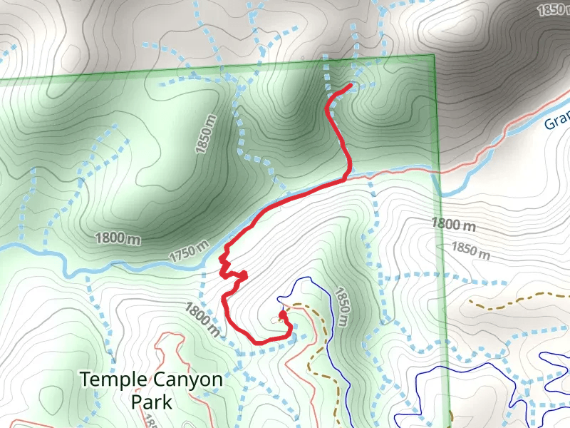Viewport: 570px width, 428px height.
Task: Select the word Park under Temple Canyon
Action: pyautogui.click(x=151, y=402)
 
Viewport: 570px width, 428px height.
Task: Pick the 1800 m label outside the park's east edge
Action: pyautogui.click(x=453, y=224)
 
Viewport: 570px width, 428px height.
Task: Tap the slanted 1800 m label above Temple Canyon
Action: pyautogui.click(x=202, y=318)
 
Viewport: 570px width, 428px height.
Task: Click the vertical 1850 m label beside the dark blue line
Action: pyautogui.click(x=341, y=307)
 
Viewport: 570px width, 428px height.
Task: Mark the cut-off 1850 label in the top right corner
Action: pyautogui.click(x=553, y=9)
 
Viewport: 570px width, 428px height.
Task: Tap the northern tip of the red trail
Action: pyautogui.click(x=351, y=86)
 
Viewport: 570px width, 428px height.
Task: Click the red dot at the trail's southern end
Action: pyautogui.click(x=282, y=314)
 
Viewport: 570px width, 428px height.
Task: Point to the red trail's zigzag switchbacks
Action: pyautogui.click(x=227, y=264)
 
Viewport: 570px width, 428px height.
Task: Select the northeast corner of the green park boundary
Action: pyautogui.click(x=432, y=56)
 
